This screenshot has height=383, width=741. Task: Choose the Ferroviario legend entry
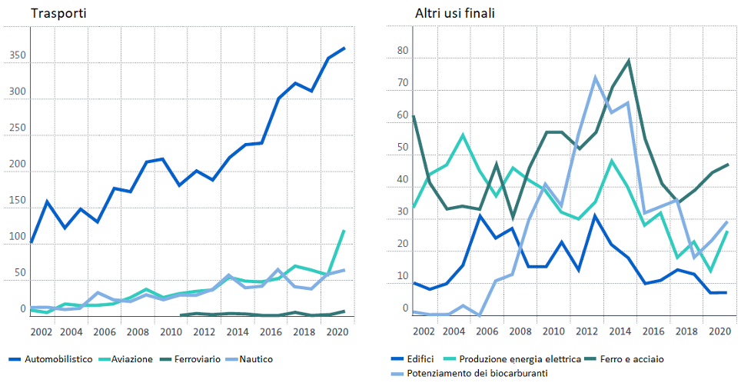(x=194, y=359)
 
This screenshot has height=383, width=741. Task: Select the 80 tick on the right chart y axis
(x=402, y=52)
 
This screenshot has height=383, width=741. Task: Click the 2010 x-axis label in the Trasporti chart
(x=171, y=331)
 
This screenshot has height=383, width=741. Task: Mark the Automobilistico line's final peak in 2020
(x=344, y=48)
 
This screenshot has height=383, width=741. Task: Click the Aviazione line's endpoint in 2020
(x=344, y=230)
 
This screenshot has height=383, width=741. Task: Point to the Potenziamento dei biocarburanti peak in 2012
(x=595, y=77)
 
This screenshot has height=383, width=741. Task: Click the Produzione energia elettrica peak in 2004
(x=463, y=135)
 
